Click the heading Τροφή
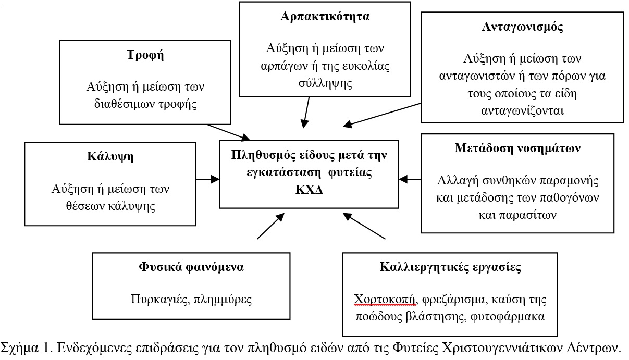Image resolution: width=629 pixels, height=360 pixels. click(x=145, y=55)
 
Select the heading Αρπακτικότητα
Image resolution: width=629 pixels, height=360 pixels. click(x=325, y=16)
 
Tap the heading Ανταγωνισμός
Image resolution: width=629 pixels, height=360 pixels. click(x=522, y=27)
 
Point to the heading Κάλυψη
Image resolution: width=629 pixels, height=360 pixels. click(x=110, y=156)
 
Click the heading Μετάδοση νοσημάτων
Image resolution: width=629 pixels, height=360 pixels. click(x=517, y=148)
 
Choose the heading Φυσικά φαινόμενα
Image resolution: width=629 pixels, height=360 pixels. click(x=191, y=267)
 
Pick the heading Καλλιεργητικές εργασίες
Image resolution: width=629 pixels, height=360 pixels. click(x=450, y=267)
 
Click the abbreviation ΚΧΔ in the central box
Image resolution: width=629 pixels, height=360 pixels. click(x=309, y=190)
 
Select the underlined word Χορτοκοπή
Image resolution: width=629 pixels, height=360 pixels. click(x=384, y=300)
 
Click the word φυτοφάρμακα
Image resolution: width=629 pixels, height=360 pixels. click(x=508, y=317)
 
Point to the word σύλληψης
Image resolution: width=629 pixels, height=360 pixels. click(x=325, y=83)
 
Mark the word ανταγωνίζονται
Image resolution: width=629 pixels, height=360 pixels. click(x=522, y=110)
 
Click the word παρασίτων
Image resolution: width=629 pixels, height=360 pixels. click(x=517, y=215)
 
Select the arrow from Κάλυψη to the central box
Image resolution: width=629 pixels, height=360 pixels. click(x=208, y=179)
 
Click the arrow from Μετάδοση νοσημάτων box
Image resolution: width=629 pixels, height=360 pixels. click(x=410, y=179)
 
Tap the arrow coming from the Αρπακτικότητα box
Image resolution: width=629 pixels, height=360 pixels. click(x=306, y=113)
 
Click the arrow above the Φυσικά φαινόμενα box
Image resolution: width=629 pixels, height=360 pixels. click(x=270, y=226)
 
